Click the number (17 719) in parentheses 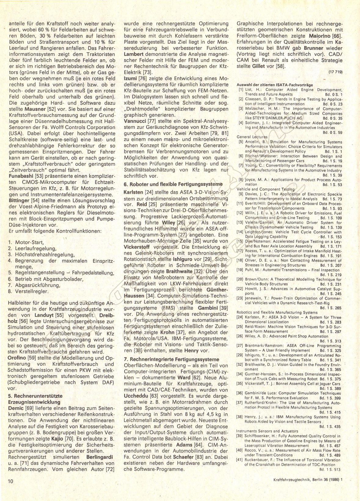[x=336, y=72]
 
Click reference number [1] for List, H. [x=241, y=90]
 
